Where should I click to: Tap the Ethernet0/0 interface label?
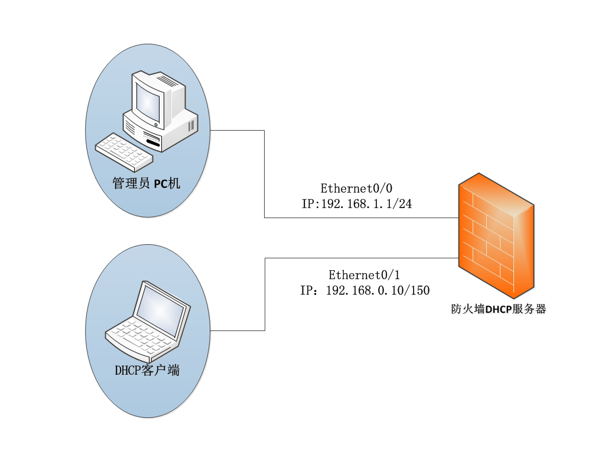click(x=356, y=189)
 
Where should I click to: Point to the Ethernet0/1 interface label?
click(x=364, y=275)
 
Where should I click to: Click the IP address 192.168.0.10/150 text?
click(x=365, y=290)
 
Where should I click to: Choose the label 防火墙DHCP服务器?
click(x=498, y=309)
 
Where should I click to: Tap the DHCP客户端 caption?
click(x=147, y=371)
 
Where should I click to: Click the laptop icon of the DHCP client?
click(x=148, y=322)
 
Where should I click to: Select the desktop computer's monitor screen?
click(x=148, y=100)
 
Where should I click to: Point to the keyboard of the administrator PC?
click(x=123, y=150)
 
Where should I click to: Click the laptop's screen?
click(x=160, y=308)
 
